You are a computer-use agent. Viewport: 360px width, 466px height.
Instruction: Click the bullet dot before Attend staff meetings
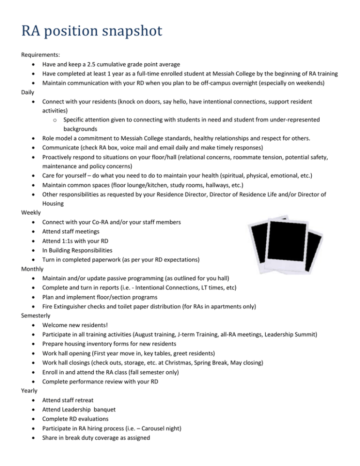34,231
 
